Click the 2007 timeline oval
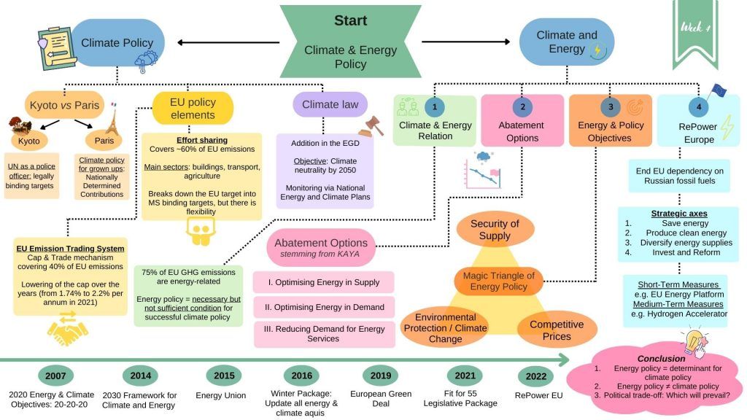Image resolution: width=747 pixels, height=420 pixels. point(55,376)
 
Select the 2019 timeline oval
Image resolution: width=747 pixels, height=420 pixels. point(381,376)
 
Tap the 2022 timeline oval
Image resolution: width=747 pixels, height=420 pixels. point(535,377)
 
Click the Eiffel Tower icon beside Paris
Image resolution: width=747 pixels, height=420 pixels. point(112,117)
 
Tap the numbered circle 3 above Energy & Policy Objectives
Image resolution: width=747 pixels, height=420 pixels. point(611,106)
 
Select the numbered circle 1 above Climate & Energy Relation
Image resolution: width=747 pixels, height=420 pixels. point(435,106)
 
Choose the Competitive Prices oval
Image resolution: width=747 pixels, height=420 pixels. point(556,330)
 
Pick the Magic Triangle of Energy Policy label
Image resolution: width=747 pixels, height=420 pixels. point(498,281)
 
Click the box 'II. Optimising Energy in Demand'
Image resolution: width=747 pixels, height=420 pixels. point(324,307)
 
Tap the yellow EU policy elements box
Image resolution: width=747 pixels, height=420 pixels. point(193,109)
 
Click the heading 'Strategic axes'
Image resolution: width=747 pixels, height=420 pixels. point(678,214)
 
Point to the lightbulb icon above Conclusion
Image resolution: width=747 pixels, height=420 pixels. point(691,341)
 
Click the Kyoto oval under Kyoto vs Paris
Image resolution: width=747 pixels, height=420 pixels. point(30,140)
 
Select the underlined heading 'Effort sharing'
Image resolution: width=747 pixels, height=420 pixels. point(202,140)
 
